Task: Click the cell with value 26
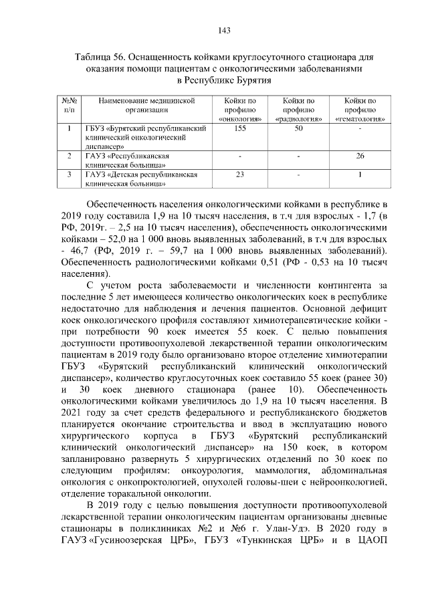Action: click(360, 156)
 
